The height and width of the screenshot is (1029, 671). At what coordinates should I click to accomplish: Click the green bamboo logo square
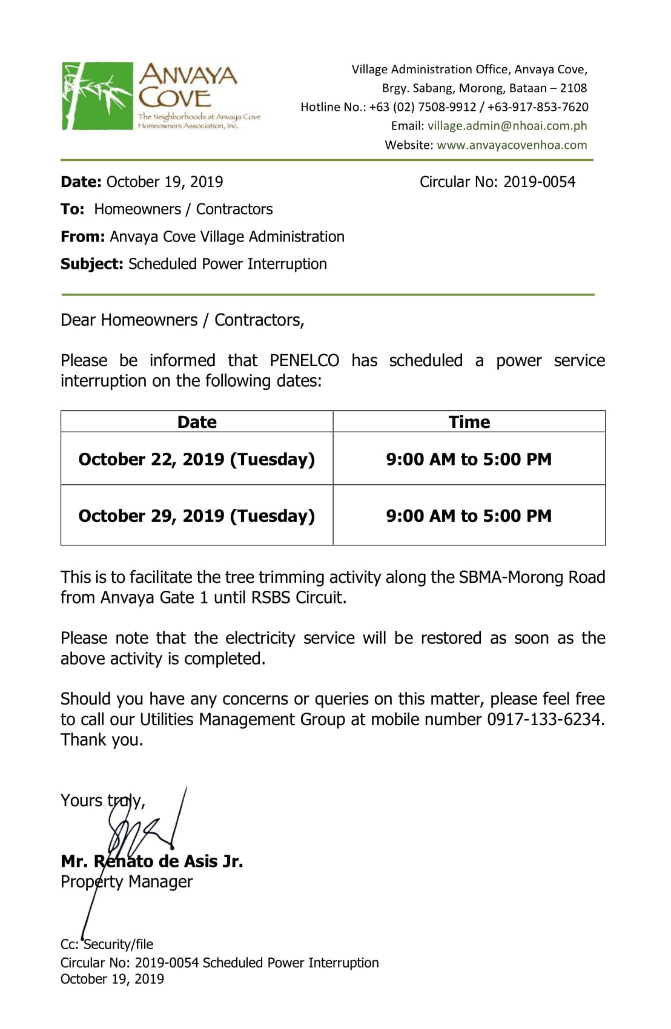coord(97,96)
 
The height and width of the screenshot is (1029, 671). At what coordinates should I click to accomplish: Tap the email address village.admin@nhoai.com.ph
coord(507,126)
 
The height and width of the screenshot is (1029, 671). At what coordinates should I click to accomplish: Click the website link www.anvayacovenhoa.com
coord(512,145)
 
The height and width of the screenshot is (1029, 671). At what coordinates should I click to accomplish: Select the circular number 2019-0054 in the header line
coord(539,182)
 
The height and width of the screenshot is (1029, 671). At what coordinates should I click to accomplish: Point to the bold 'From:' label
coord(82,237)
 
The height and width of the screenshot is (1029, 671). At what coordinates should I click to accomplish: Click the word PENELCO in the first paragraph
coord(304,361)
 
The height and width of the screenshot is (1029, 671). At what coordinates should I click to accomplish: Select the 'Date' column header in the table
coord(197,422)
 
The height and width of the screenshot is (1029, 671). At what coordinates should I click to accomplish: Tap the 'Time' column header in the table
coord(469,422)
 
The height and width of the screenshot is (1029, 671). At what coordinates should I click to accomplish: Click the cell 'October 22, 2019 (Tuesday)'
coord(197,459)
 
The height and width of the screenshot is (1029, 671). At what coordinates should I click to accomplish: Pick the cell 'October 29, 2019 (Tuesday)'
coord(197,516)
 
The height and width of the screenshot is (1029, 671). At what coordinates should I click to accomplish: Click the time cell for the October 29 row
coord(469,516)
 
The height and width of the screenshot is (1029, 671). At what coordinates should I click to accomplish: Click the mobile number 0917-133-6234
coord(545,720)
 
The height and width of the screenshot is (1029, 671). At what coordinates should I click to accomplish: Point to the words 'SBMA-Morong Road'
coord(532,577)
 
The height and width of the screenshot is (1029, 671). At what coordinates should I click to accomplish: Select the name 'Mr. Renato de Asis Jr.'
coord(152,861)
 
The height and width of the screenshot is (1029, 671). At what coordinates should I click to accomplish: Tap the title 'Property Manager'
coord(127,882)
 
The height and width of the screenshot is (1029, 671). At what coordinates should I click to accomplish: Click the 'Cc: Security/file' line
coord(107,945)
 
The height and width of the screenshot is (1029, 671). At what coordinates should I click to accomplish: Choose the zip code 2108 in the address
coord(573,88)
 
